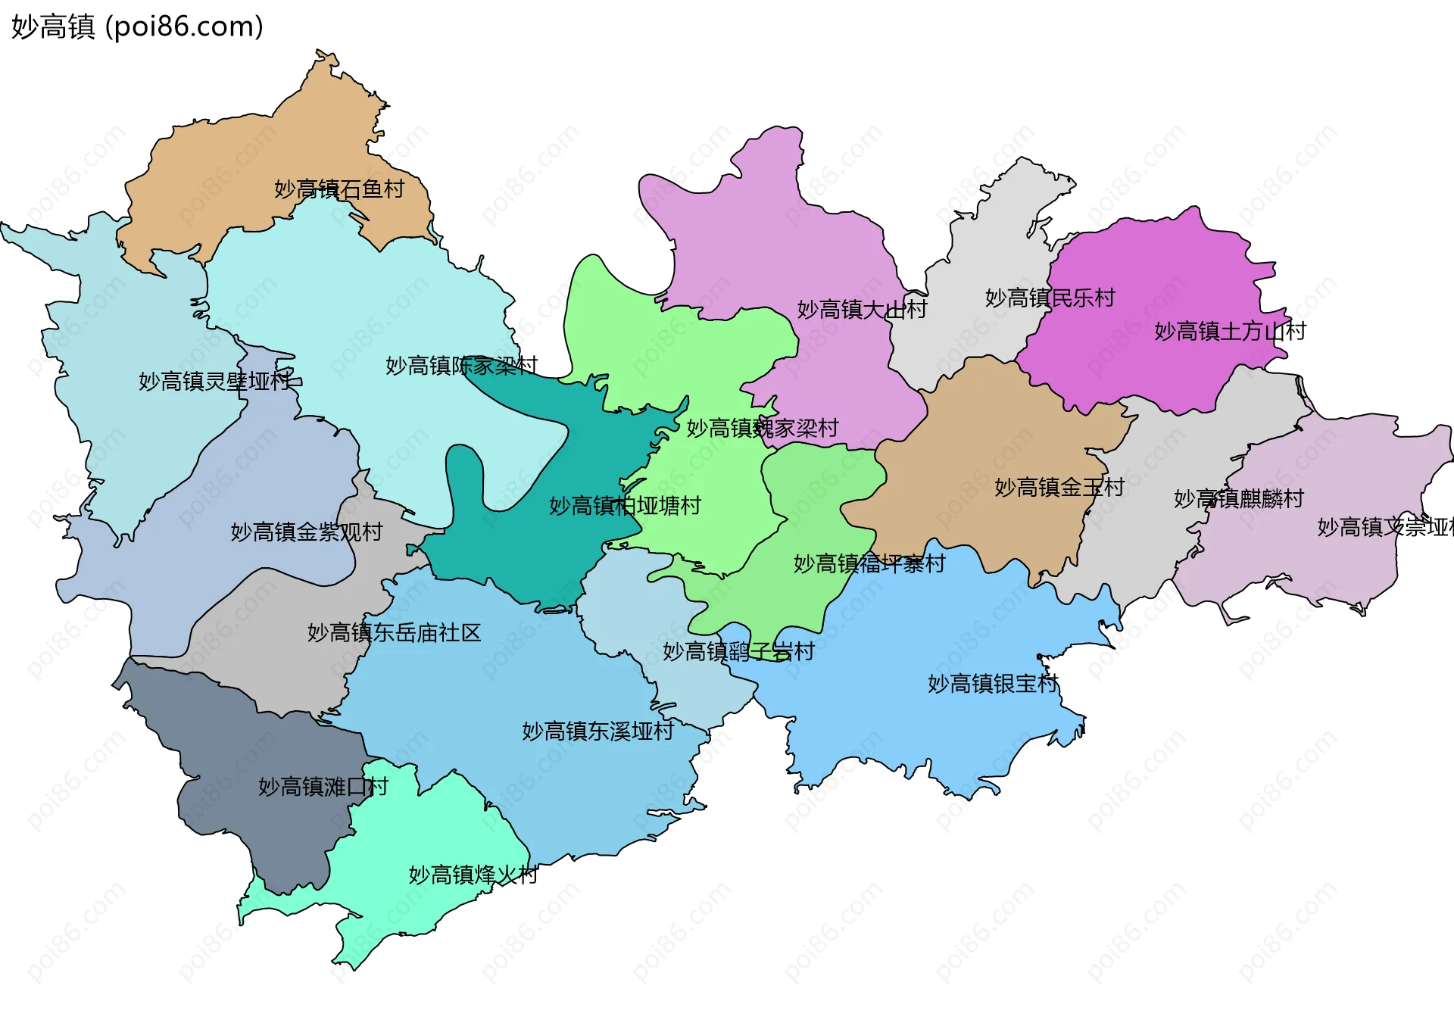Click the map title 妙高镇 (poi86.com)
[x=137, y=27]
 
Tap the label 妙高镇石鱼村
[x=339, y=189]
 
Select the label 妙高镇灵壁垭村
[x=215, y=381]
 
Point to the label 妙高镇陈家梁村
[x=461, y=366]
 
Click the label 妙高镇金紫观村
[x=307, y=532]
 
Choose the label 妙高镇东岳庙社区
[x=394, y=632]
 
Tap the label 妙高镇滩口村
[x=323, y=786]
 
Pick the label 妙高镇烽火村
[x=473, y=875]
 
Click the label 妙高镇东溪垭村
[x=598, y=731]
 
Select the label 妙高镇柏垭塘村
[x=625, y=505]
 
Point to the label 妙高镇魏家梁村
[x=762, y=428]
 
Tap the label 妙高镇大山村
[x=862, y=309]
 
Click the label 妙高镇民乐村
[x=1050, y=298]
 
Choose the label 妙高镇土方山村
[x=1230, y=331]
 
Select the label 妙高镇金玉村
[x=1059, y=487]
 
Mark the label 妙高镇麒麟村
[x=1238, y=498]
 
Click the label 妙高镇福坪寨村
[x=869, y=563]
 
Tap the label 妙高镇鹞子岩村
[x=738, y=651]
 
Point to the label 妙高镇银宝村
[x=993, y=683]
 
